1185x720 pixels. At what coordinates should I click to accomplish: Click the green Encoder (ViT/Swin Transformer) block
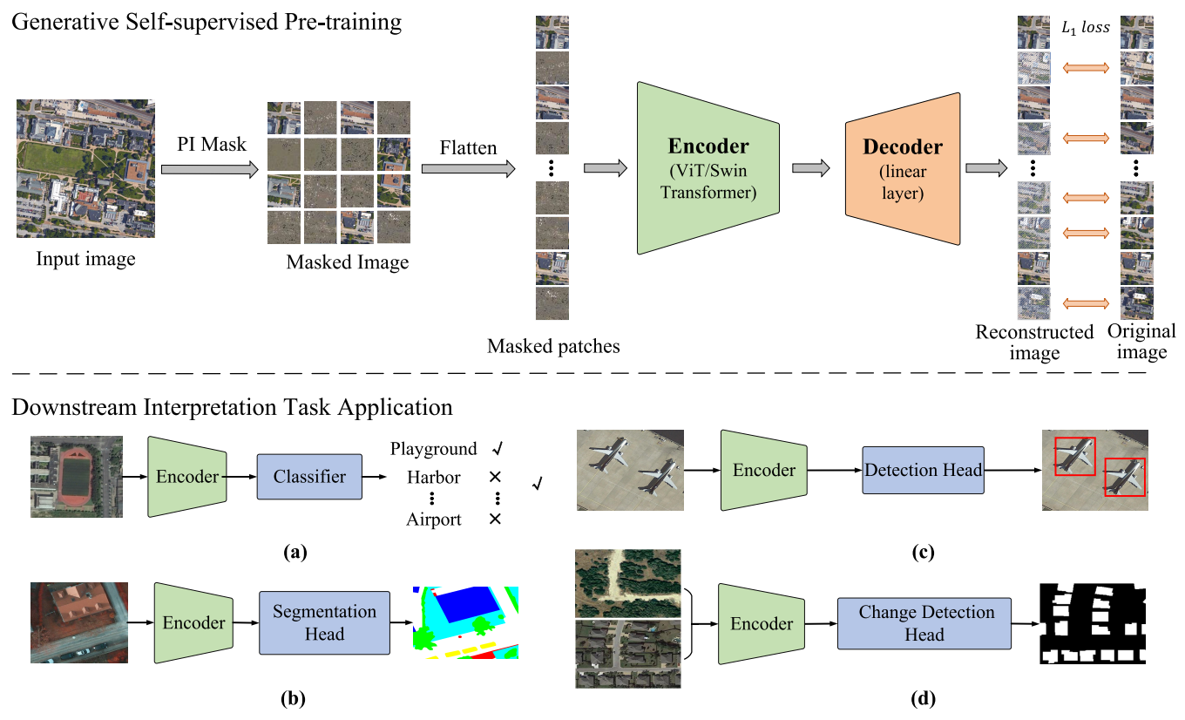pyautogui.click(x=708, y=168)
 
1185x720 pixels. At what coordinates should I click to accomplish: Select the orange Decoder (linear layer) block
pyautogui.click(x=903, y=169)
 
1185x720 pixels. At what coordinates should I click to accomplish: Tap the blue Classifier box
pyautogui.click(x=309, y=477)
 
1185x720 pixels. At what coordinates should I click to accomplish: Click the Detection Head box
pyautogui.click(x=923, y=470)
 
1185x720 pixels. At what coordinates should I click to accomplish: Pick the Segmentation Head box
pyautogui.click(x=324, y=622)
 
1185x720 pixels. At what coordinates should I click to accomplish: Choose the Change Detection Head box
pyautogui.click(x=924, y=623)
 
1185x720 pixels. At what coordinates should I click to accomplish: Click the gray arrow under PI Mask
pyautogui.click(x=210, y=169)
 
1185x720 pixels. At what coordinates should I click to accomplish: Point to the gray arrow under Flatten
pyautogui.click(x=468, y=169)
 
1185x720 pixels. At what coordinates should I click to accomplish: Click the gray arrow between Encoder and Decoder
pyautogui.click(x=811, y=168)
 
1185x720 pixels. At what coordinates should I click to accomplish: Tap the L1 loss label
pyautogui.click(x=1086, y=28)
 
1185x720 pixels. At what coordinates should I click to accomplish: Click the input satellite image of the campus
pyautogui.click(x=85, y=168)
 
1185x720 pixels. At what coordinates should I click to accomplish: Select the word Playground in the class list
pyautogui.click(x=434, y=449)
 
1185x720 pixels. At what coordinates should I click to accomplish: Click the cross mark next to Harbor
pyautogui.click(x=495, y=477)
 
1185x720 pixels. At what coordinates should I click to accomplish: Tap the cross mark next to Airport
pyautogui.click(x=495, y=519)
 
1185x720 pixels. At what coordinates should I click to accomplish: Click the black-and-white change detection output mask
pyautogui.click(x=1093, y=623)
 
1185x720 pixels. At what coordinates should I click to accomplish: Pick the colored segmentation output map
pyautogui.click(x=465, y=622)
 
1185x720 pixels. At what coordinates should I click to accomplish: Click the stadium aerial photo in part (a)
pyautogui.click(x=77, y=477)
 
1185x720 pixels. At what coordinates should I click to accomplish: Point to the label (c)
pyautogui.click(x=923, y=552)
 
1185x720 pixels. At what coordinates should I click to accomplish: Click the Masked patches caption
pyautogui.click(x=553, y=346)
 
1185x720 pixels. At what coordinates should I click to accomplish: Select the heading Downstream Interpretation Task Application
pyautogui.click(x=233, y=408)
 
